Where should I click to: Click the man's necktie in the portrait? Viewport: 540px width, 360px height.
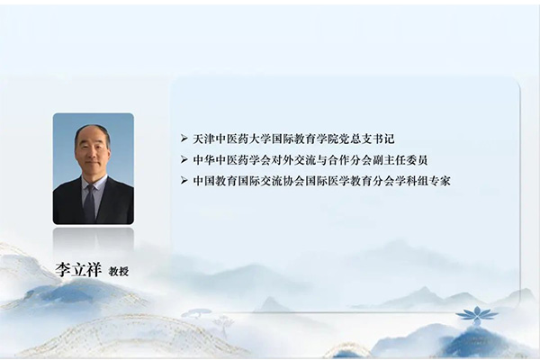point(90,202)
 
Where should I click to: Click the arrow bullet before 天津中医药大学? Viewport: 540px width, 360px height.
point(184,140)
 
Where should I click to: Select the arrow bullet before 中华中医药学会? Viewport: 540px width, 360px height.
point(184,160)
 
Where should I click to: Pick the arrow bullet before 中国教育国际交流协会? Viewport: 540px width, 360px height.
point(184,181)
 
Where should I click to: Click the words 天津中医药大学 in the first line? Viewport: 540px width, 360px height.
point(232,140)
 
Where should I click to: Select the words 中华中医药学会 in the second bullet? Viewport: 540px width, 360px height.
point(232,160)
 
